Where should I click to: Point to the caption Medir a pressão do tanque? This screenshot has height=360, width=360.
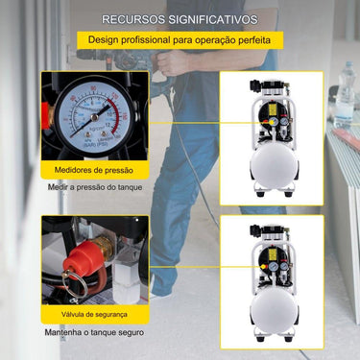[95, 187]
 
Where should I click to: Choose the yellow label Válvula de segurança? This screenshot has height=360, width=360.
[94, 314]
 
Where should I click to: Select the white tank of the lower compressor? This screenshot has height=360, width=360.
[274, 311]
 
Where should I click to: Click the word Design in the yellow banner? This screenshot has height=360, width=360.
[105, 41]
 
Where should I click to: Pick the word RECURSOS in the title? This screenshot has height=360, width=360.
[132, 18]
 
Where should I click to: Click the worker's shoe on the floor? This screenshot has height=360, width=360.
[163, 288]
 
